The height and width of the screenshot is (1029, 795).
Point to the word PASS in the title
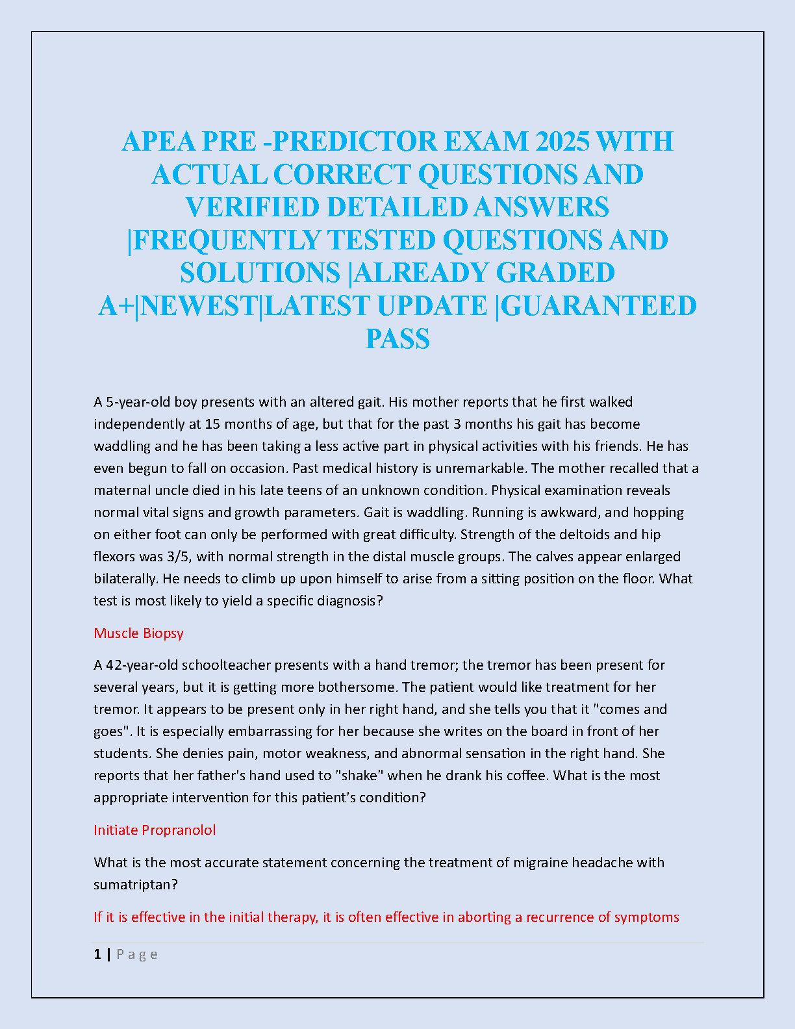pos(397,338)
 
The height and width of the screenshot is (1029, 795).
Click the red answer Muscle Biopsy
pos(138,633)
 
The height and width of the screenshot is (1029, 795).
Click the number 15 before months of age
pos(212,424)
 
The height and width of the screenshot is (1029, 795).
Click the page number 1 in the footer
pos(97,954)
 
